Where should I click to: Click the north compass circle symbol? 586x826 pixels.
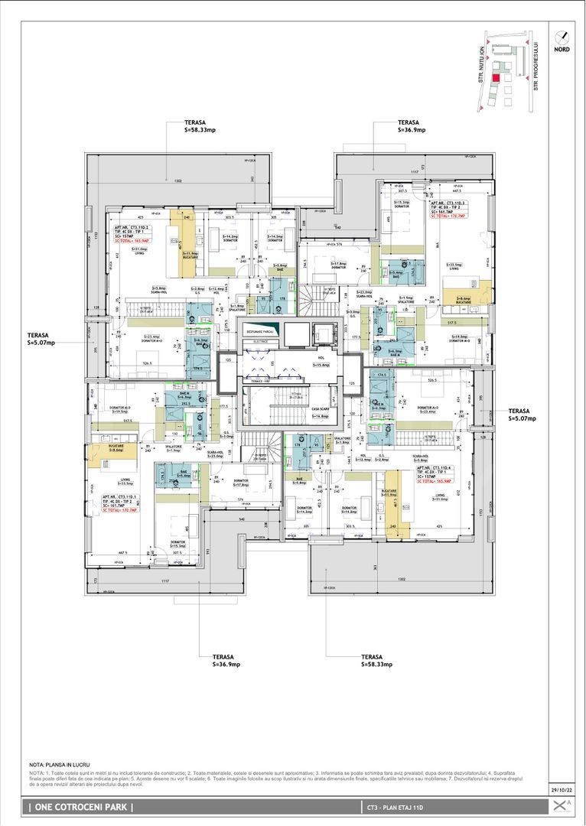click(562, 36)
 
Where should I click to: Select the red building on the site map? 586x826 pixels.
click(496, 77)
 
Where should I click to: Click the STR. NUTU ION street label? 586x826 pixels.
click(482, 61)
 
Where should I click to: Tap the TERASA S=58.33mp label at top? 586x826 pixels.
click(200, 126)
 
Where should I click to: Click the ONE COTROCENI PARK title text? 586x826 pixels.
click(81, 807)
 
